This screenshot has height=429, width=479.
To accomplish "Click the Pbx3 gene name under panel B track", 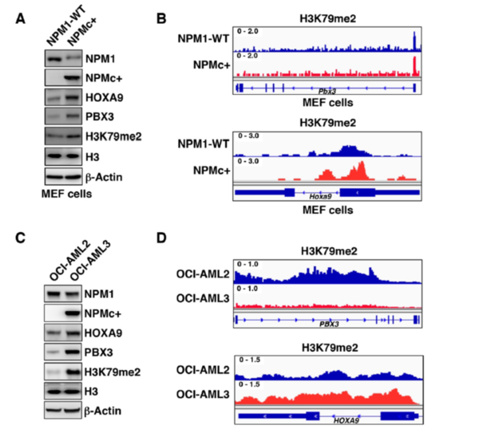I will click(326, 92).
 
